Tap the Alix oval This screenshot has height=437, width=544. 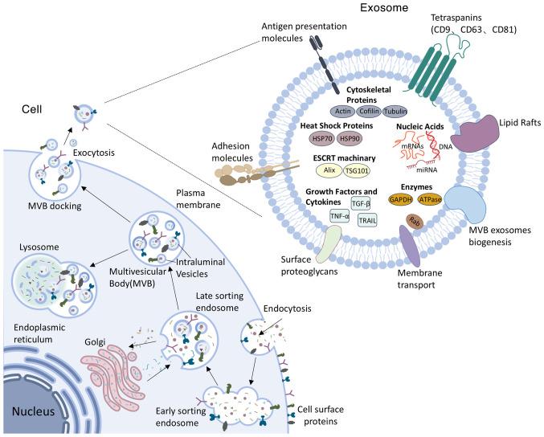[326, 171]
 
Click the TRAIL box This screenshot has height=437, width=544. [366, 220]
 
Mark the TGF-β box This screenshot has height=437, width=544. [364, 204]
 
